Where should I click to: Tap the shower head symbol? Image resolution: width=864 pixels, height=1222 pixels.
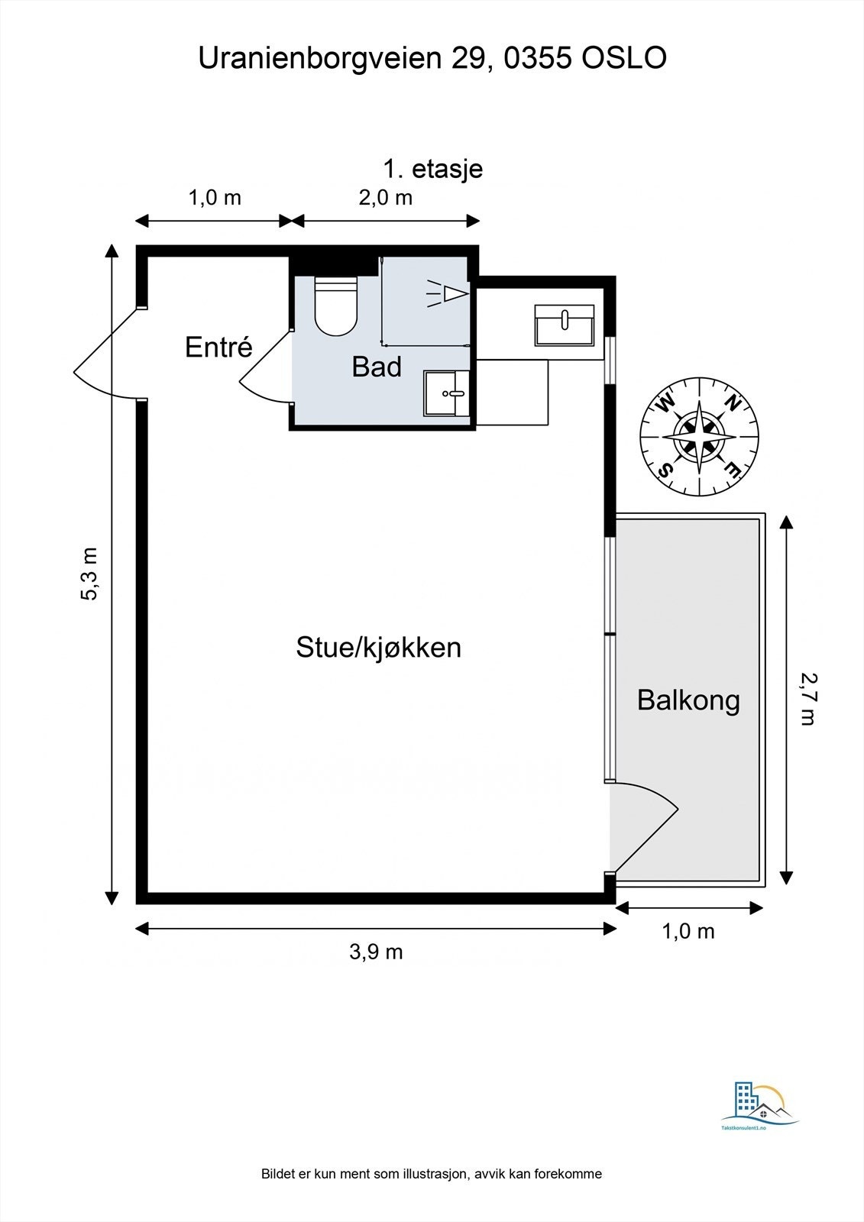point(448,294)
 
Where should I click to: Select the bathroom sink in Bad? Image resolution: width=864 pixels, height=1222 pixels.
point(446,393)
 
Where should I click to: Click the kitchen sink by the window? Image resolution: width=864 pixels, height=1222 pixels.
point(565,325)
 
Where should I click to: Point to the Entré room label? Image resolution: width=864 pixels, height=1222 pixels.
point(219,347)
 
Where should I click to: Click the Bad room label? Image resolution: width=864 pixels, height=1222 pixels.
point(377,367)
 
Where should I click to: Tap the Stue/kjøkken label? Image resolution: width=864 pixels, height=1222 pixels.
point(378,648)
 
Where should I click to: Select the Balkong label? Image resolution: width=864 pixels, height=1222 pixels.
point(688,700)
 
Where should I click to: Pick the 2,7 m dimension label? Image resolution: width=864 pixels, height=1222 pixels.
point(808,699)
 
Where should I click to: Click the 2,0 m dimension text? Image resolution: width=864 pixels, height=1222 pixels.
point(385,198)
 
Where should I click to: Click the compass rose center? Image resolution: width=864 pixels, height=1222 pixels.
point(699,436)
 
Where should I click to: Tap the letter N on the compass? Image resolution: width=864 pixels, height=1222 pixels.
point(733,402)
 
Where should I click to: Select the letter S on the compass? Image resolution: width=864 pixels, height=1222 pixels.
point(666,468)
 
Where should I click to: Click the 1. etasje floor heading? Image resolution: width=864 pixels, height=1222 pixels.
point(433,169)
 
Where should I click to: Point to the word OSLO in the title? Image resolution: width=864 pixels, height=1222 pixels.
point(624,58)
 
